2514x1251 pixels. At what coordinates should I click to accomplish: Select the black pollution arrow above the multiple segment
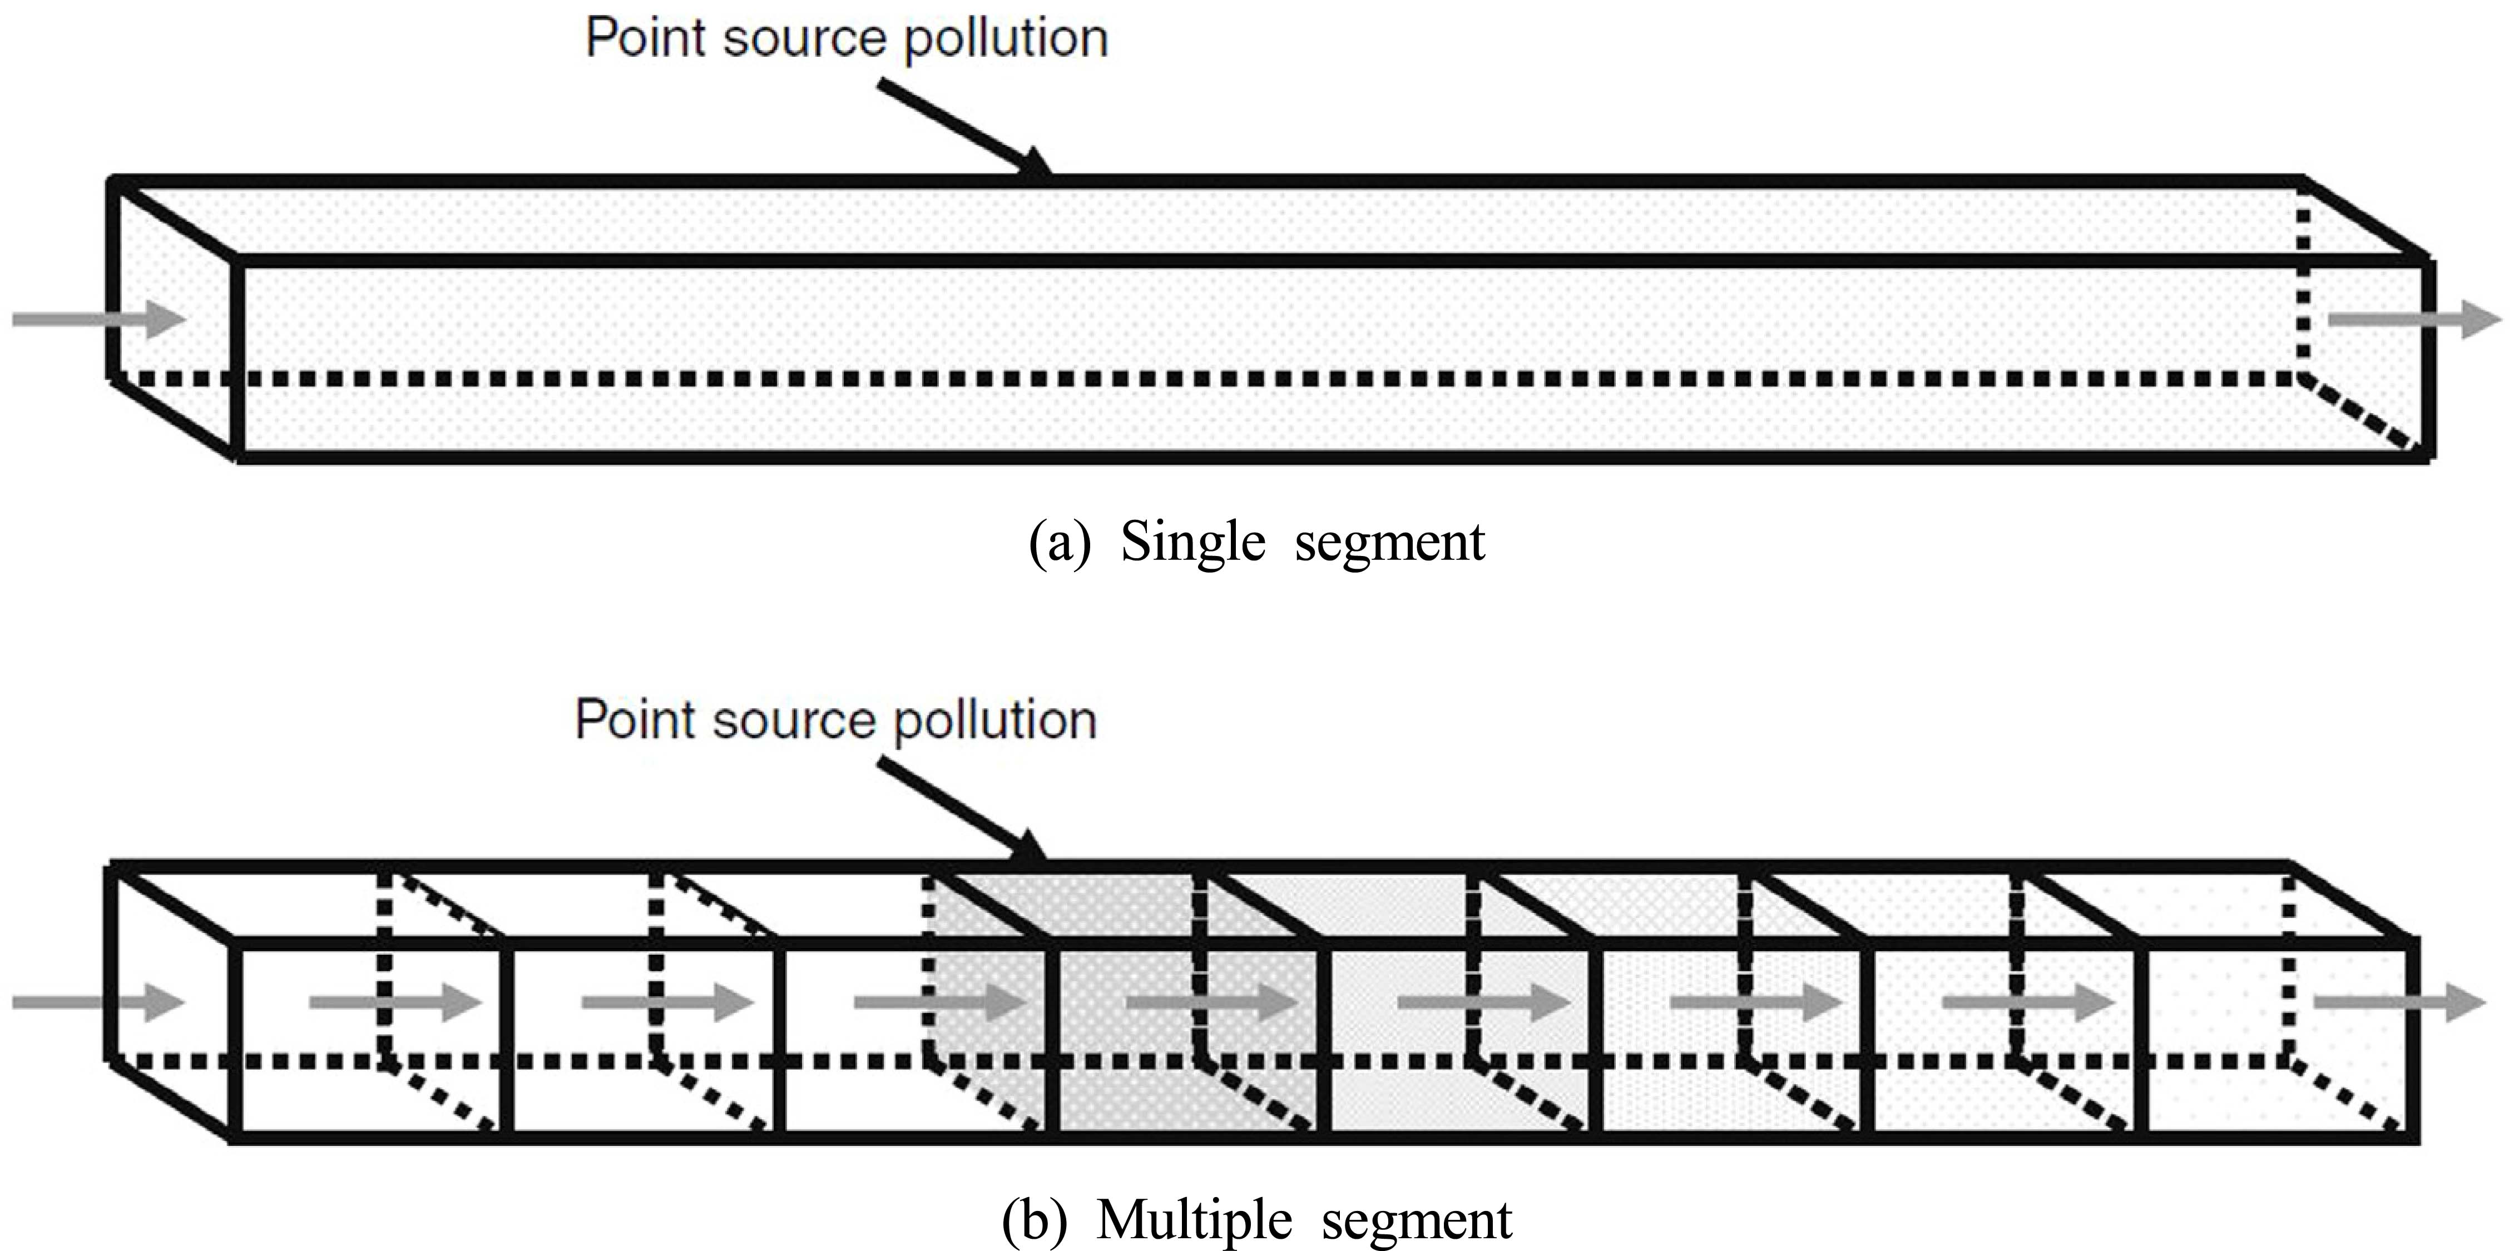[x=961, y=810]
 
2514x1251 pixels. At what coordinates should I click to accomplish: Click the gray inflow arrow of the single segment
[x=97, y=319]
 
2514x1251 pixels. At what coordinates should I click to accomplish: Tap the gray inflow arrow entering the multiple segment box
[x=97, y=1002]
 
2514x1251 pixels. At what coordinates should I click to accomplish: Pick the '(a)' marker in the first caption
[x=1059, y=544]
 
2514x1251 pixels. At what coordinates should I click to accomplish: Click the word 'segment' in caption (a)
[x=1390, y=544]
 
